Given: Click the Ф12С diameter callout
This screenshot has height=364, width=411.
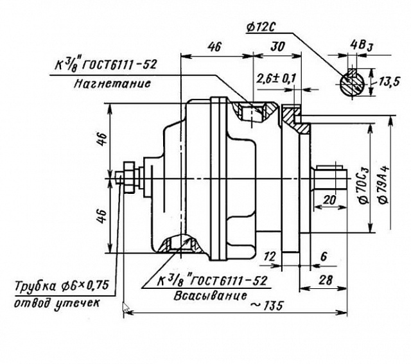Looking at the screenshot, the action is coord(261,27).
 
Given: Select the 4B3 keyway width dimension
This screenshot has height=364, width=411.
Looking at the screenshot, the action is coord(362,46).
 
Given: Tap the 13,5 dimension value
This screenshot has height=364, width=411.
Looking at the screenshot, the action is coord(389,82).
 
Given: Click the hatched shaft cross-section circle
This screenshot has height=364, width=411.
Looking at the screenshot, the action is coord(352,83).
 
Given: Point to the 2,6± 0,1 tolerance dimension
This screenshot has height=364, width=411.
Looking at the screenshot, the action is coord(276,78).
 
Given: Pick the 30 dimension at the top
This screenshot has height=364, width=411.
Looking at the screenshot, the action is coord(277,47).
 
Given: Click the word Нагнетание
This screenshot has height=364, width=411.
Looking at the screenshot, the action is coord(112,83).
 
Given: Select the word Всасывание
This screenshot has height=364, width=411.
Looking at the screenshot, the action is coord(210,295).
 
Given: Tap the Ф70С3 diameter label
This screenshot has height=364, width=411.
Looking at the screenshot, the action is coord(363,186).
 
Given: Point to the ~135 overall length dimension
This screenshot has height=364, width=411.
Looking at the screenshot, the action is coord(267,306).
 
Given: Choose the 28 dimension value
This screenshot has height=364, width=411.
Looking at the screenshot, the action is coord(326,280).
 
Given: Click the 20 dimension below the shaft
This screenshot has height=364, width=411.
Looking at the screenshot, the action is coord(329,200).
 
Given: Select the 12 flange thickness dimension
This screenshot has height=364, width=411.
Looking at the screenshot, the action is coord(270,257).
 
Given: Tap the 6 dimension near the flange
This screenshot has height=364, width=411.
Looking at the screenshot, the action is coord(324,257).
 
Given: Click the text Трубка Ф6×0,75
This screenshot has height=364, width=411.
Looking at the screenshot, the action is coord(62,286).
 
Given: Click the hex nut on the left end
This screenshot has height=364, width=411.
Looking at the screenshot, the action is coord(130,177).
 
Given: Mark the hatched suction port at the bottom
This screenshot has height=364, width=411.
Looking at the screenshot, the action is coord(181,244).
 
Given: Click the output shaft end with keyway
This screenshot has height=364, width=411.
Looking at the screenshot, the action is coord(329,179).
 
